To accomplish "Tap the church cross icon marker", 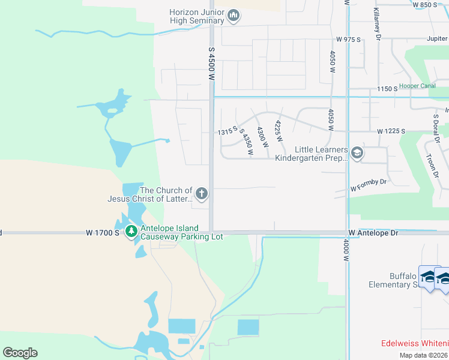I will point(202,194).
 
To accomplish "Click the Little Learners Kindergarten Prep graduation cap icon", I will point(357,154).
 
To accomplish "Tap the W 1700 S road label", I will point(103,233).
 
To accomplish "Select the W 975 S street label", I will point(348,40).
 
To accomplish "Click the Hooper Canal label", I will point(417,86).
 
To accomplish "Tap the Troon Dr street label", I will point(432,163).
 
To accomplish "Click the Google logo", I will point(20,353).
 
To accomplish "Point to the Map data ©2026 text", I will point(423,355).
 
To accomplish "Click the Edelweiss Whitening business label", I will point(414,343).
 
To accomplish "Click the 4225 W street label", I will point(279,131).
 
